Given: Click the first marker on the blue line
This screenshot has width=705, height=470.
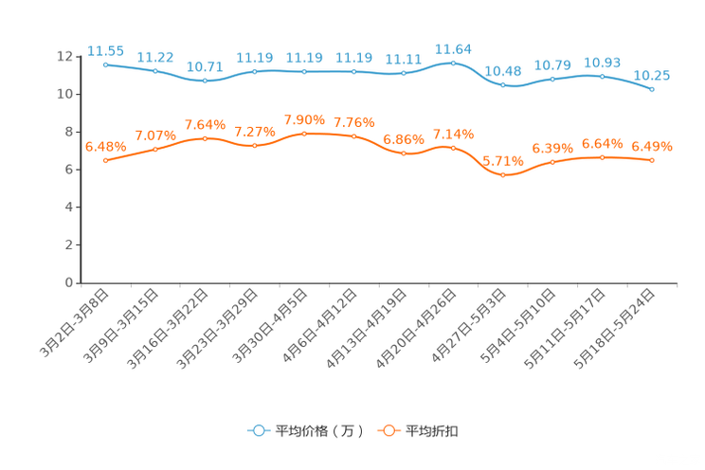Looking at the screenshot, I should pos(105,64).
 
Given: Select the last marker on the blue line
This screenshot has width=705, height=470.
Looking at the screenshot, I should pos(652,89).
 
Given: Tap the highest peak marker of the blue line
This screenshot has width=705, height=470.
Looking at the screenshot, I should pos(453,63).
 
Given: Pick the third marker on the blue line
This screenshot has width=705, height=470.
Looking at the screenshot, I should pos(205,81).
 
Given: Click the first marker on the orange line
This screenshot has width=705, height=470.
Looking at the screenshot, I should pos(105,161).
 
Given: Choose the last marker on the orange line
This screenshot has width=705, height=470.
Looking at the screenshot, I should pos(652,160).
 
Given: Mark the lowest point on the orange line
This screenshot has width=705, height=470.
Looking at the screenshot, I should pos(503,175).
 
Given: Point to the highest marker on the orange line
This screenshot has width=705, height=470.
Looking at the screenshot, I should pos(304,134).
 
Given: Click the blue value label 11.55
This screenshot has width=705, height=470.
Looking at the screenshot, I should pos(105,50).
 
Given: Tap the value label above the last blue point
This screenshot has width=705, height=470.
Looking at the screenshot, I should pos(652,75).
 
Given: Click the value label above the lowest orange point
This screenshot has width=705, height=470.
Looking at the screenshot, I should pos(503,161).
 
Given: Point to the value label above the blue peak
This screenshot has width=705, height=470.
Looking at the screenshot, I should pos(453,48).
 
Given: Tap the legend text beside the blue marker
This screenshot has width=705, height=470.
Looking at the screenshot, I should pos(319,431).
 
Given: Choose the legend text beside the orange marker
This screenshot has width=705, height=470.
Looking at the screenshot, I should pos(432,431).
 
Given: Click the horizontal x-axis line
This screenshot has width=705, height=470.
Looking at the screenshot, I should pos(379,282).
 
